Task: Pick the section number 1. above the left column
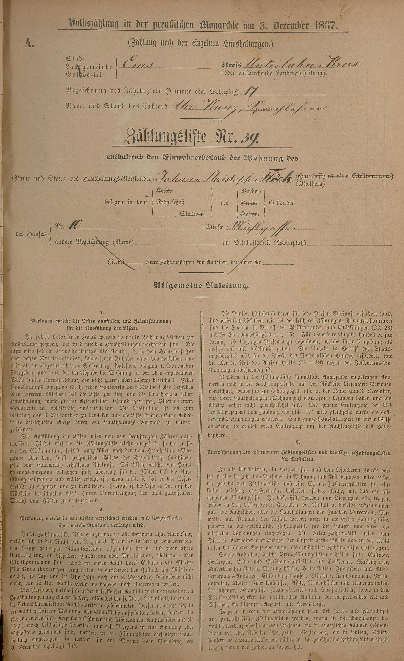102,313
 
